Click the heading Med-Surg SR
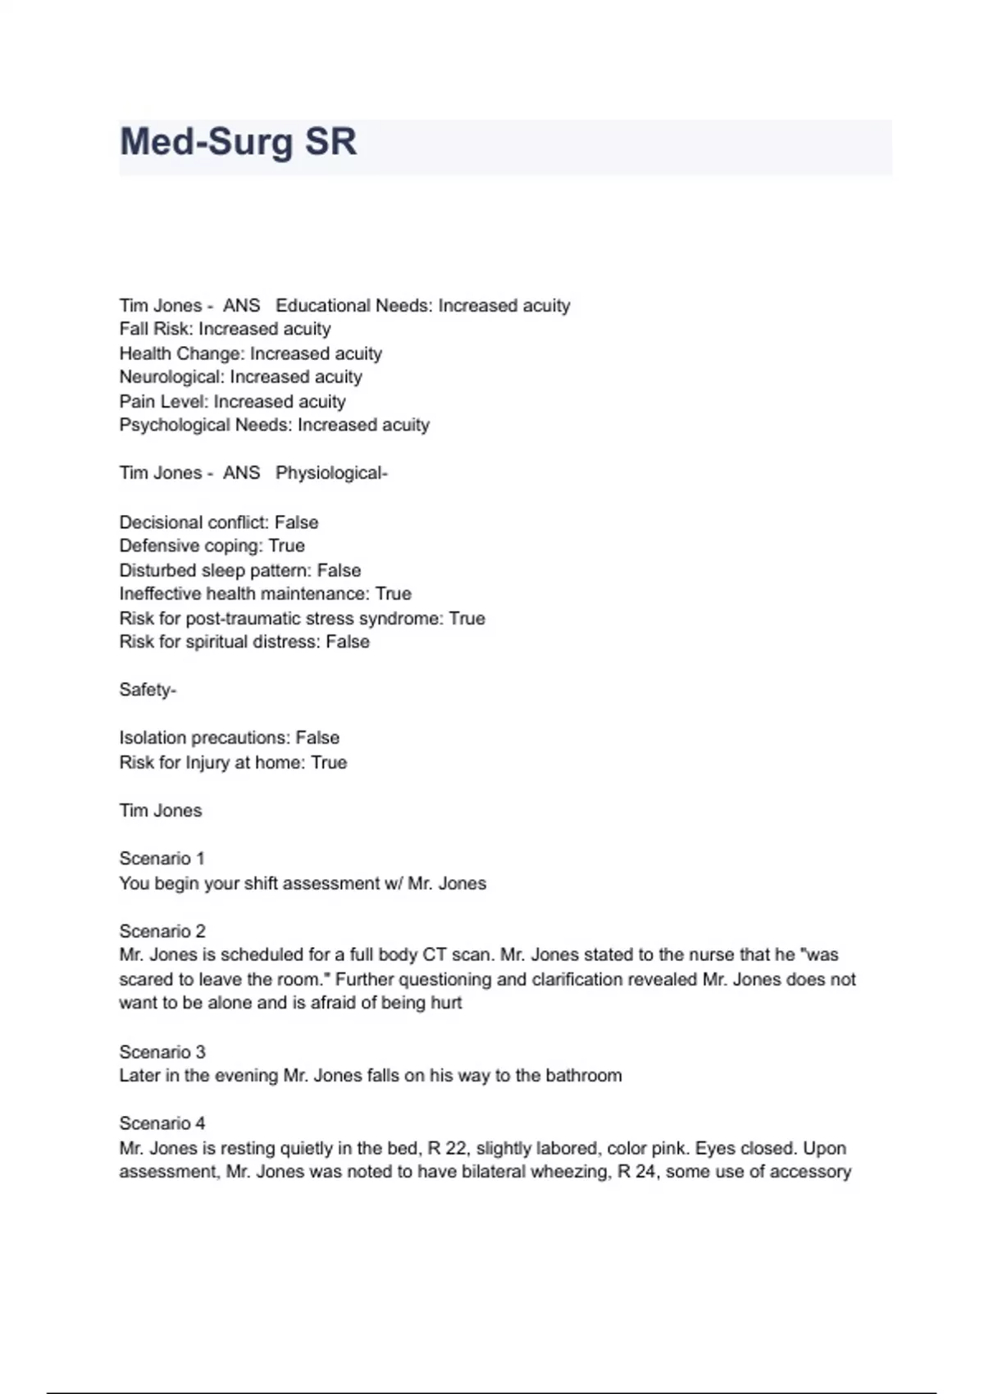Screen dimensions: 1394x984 (x=238, y=142)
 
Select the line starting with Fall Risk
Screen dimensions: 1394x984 (x=225, y=330)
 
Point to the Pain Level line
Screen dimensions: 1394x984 (x=232, y=402)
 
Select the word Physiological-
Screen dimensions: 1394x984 (x=331, y=473)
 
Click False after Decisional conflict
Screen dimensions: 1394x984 (x=296, y=522)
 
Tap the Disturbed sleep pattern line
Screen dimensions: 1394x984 (x=239, y=571)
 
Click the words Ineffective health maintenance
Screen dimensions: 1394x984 (x=244, y=594)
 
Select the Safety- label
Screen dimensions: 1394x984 (x=148, y=690)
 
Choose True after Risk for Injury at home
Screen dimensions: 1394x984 (x=329, y=763)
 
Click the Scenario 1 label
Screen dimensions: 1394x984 (x=162, y=859)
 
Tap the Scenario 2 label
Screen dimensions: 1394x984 (x=162, y=932)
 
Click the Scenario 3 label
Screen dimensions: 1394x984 (x=162, y=1052)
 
